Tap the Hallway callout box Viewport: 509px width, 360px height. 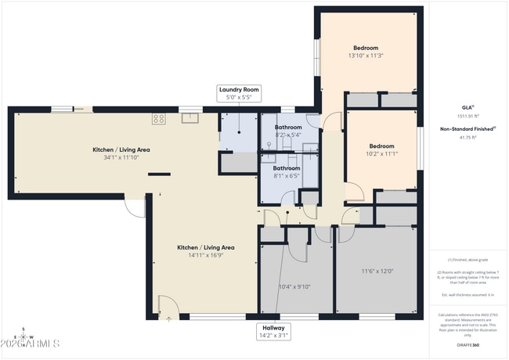tap(274, 332)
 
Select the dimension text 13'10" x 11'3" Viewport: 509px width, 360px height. tap(365, 56)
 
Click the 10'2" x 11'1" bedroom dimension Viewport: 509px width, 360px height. tap(381, 153)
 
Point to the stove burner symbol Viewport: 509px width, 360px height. tap(159, 119)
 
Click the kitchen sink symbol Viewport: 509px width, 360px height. tap(190, 119)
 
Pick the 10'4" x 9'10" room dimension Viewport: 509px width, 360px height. tap(294, 286)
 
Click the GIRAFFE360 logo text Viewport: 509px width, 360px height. tap(467, 344)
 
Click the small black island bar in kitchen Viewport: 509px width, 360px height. tap(160, 174)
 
